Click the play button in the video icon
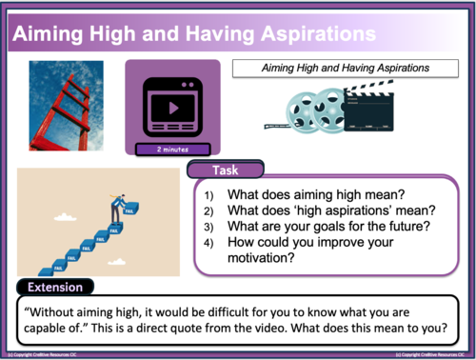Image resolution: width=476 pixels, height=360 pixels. pos(172,107)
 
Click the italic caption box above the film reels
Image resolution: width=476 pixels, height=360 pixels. pos(346,69)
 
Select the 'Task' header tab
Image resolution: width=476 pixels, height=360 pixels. pos(225,171)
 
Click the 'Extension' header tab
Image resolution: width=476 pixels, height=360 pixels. pos(53,287)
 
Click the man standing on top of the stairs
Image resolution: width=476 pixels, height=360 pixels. pos(116,201)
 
